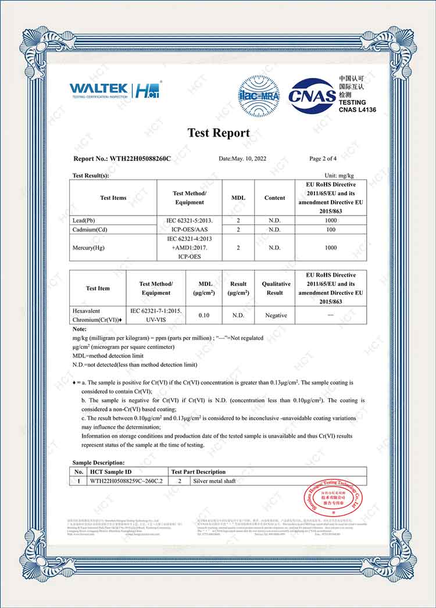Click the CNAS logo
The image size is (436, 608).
point(312,94)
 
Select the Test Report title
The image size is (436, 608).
point(219,133)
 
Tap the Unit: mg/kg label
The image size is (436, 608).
point(339,175)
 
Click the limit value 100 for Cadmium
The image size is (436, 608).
point(331,230)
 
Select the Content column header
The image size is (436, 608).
point(274,198)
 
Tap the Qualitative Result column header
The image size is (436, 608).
point(276,288)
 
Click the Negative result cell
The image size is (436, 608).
point(276,316)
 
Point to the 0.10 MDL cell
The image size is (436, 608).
point(204,316)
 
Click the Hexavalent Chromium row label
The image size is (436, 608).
point(97,316)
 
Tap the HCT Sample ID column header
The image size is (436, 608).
point(110,472)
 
